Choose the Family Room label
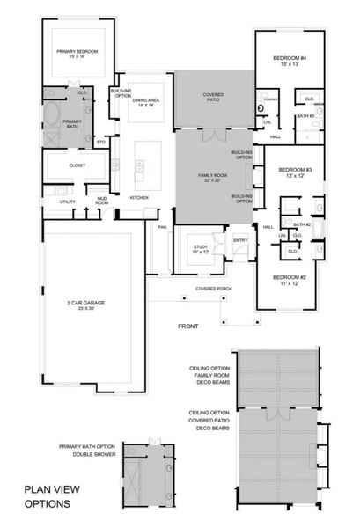coord(212,179)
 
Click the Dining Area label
coord(146,102)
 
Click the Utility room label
coord(68,202)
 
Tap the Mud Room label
coord(102,201)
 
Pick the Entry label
coord(240,239)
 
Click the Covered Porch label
coord(214,288)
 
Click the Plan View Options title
coord(53,497)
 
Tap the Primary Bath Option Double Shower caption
coord(87,451)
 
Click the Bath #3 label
coord(305,116)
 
